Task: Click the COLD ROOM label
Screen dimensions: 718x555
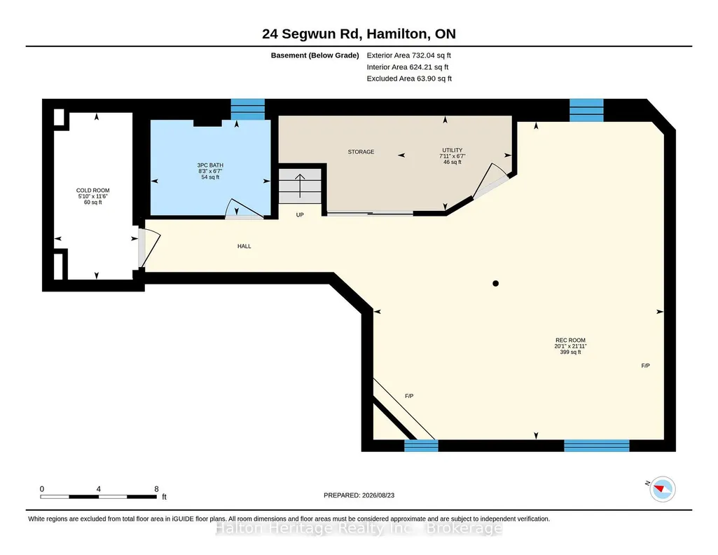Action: (93, 191)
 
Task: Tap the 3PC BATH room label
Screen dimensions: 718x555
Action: (210, 165)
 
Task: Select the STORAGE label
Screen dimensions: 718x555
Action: (361, 152)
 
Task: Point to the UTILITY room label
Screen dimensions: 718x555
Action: (453, 150)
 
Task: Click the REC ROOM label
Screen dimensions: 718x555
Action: (571, 341)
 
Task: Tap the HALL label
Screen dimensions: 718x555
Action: (244, 247)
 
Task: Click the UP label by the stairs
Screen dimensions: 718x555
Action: (300, 214)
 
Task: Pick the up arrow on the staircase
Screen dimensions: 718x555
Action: (300, 186)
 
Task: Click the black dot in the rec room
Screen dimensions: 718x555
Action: (495, 283)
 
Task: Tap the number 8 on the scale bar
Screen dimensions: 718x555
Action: (157, 489)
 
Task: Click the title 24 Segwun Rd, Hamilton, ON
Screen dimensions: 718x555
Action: (359, 34)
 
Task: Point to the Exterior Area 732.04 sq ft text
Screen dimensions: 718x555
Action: (409, 55)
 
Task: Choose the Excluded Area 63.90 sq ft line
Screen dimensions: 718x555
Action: (409, 78)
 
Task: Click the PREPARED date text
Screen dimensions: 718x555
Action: (359, 495)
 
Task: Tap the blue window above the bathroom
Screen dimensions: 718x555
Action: (248, 109)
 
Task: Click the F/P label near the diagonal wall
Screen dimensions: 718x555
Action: (409, 396)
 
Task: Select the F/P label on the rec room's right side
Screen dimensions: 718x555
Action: (645, 366)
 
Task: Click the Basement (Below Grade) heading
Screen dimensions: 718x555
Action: (315, 55)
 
